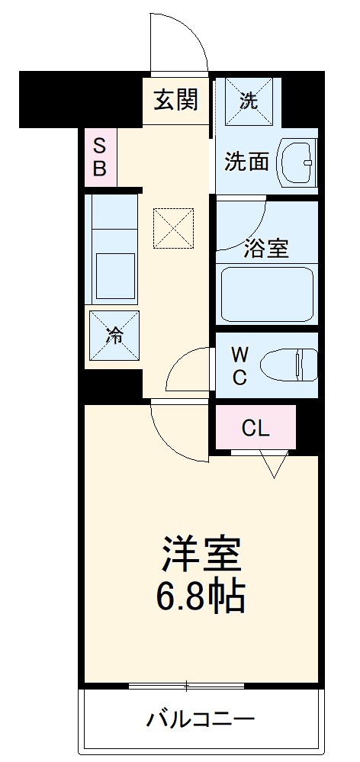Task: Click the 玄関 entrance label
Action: coord(176,100)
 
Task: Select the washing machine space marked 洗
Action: coord(249,101)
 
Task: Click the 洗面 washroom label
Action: coord(246,162)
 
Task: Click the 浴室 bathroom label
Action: coord(266,248)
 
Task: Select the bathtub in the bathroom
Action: coord(267,294)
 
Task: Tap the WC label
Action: coord(239,365)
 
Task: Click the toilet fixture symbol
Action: coord(288,365)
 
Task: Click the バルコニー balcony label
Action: coord(201,718)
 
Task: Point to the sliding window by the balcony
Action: coord(201,686)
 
